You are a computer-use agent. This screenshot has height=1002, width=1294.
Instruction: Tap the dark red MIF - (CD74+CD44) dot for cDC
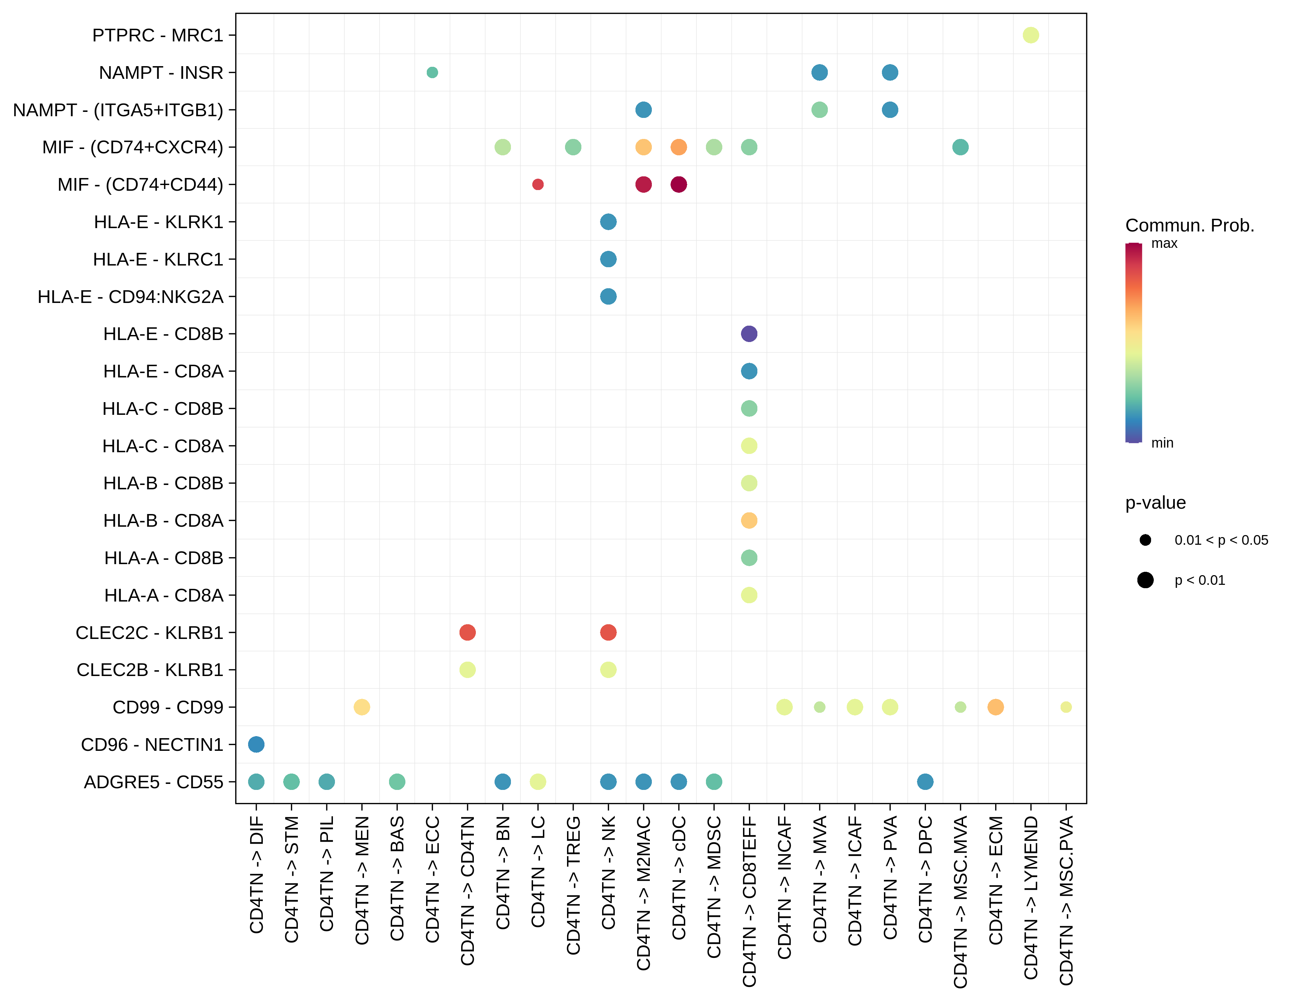pos(679,184)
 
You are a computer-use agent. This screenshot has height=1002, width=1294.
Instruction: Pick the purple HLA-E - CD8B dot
pos(749,334)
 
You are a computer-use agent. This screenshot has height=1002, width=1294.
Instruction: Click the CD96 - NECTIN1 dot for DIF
pos(256,744)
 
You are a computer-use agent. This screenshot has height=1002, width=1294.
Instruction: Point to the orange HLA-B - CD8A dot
pos(749,520)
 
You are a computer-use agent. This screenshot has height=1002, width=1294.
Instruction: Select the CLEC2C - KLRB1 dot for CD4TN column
pos(468,632)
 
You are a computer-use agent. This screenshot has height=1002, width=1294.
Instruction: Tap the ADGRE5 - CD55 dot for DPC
pos(925,782)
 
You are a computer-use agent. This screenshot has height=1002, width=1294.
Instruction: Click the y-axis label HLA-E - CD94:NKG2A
pos(130,296)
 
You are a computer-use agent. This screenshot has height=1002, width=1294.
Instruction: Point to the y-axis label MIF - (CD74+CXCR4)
pos(133,147)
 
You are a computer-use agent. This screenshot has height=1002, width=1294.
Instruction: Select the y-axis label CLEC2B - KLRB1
pos(150,670)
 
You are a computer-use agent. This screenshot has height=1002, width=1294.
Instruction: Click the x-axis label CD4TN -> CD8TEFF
pos(749,901)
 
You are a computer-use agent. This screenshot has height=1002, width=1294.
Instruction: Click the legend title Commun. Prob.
pos(1190,225)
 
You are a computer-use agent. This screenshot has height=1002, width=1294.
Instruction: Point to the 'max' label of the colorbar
pos(1164,243)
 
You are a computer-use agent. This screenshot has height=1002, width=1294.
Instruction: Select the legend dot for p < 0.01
pos(1145,580)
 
